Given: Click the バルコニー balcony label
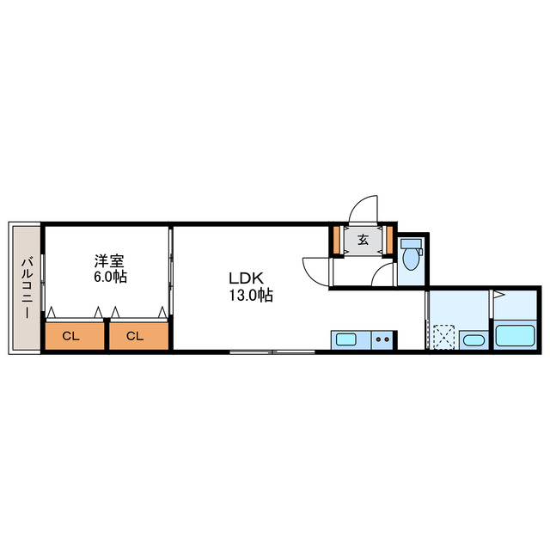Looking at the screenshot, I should click(x=27, y=288).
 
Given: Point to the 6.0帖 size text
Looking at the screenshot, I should click(x=110, y=278).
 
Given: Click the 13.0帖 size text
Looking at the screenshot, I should click(x=250, y=296).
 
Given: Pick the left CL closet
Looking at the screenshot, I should click(x=72, y=336).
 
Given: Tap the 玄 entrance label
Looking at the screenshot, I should click(x=363, y=240).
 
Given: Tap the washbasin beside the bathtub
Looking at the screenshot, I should click(x=473, y=340).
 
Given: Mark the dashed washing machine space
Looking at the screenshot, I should click(x=444, y=336).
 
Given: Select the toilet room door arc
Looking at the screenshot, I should click(x=385, y=274).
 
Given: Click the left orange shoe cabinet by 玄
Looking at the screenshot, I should click(x=337, y=239).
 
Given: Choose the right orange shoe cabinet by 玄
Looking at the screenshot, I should click(x=389, y=239).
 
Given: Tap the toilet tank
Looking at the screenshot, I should click(x=410, y=243).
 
